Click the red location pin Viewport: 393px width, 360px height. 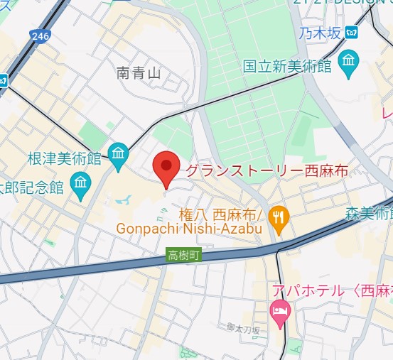[166, 168]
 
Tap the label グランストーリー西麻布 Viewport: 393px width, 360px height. [244, 170]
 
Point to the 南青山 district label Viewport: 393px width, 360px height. [139, 72]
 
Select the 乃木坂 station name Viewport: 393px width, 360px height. [320, 32]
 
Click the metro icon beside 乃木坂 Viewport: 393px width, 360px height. [351, 32]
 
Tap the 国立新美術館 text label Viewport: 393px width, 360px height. [287, 65]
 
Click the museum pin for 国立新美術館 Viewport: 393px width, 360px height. [348, 62]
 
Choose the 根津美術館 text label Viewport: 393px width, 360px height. [64, 159]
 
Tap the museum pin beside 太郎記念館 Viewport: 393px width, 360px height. [80, 184]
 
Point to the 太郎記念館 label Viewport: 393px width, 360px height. [33, 187]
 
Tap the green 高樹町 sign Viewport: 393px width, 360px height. [185, 255]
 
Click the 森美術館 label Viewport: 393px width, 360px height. [370, 212]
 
